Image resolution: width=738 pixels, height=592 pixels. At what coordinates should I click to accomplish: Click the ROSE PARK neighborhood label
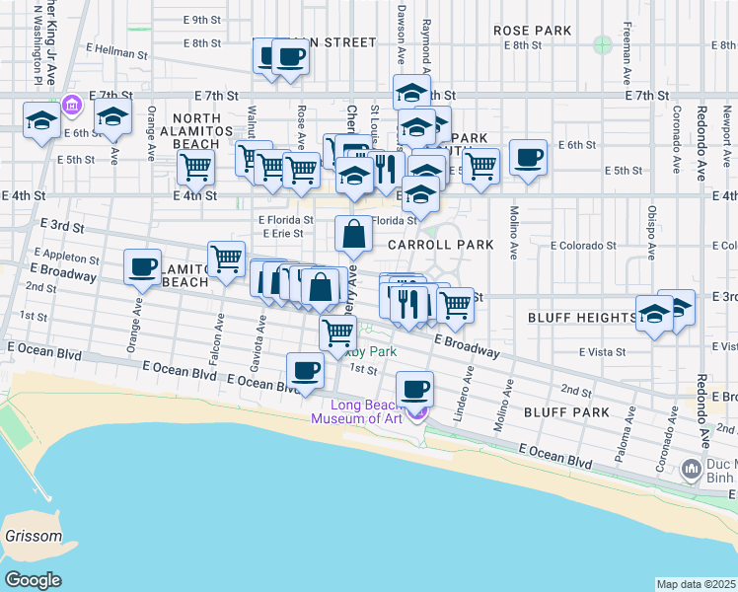[x=533, y=31]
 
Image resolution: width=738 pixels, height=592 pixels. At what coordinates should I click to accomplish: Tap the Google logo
[x=33, y=579]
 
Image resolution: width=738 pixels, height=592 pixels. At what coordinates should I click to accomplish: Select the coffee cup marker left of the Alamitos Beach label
[x=142, y=265]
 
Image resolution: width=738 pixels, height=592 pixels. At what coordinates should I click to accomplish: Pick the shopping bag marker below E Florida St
[x=354, y=235]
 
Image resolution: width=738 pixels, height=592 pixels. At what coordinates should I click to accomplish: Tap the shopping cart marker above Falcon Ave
[x=227, y=259]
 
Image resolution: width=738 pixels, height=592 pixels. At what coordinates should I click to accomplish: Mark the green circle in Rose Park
[x=603, y=44]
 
